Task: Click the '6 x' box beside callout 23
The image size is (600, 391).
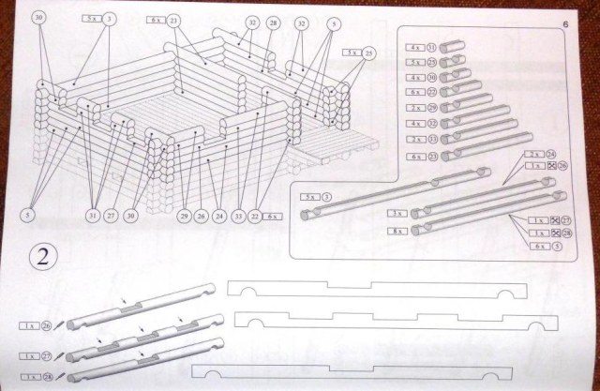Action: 154,18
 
